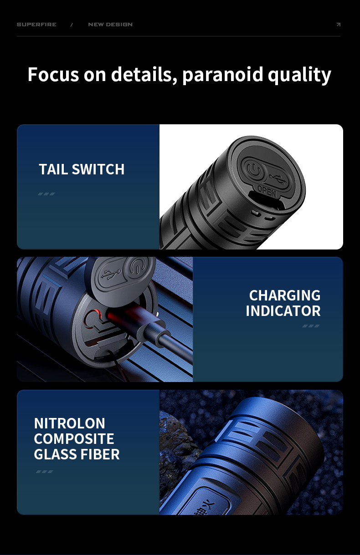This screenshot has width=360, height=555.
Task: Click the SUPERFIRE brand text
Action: [36, 25]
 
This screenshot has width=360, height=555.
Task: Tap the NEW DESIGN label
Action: [110, 25]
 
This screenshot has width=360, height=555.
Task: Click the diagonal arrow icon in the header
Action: [338, 25]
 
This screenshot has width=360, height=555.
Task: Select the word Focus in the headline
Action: [53, 74]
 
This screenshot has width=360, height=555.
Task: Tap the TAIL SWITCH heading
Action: [82, 169]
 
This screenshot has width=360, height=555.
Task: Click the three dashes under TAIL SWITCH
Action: [46, 194]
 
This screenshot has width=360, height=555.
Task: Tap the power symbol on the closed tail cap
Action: [254, 171]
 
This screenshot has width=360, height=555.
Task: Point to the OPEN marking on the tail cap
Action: [267, 192]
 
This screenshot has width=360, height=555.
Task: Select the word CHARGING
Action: [284, 295]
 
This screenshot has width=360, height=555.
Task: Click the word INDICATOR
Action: [283, 311]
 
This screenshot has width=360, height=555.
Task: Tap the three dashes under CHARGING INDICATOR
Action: [311, 326]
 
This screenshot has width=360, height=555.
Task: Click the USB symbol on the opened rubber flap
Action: [110, 275]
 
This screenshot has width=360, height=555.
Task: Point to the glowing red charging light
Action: [95, 314]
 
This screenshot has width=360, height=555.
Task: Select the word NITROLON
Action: [69, 423]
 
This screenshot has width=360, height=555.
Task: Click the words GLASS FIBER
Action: [77, 454]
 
